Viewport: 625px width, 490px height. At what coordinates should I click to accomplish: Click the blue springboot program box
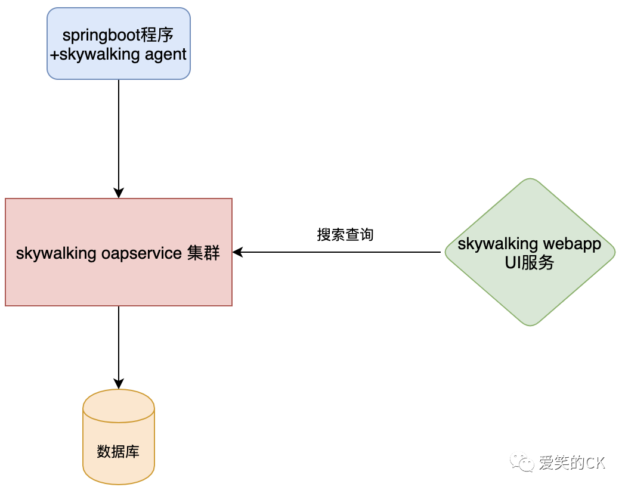click(118, 44)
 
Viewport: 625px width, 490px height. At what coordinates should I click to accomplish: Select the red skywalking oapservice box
click(118, 280)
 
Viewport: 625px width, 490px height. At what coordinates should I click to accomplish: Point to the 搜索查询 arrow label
click(345, 235)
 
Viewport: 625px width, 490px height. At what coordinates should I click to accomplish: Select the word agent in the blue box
click(166, 55)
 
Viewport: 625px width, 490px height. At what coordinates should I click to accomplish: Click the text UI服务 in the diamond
click(530, 263)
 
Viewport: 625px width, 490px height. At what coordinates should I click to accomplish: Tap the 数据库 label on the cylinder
click(118, 451)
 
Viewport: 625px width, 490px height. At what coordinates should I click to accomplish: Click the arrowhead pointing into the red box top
click(119, 193)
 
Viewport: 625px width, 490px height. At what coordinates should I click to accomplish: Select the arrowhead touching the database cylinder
click(119, 384)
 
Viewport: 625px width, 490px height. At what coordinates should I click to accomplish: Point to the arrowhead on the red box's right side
click(237, 252)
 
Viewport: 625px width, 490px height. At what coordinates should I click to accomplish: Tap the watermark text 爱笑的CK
click(571, 463)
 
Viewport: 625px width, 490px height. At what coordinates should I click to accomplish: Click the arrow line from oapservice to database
click(119, 343)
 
